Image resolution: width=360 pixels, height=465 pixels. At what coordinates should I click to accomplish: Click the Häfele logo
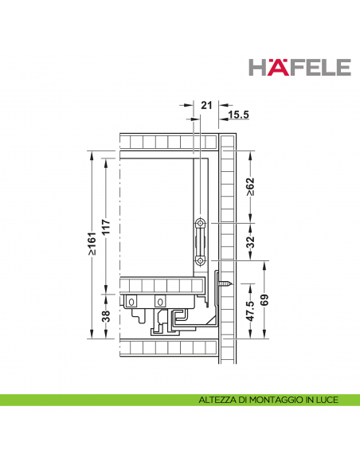coord(299,68)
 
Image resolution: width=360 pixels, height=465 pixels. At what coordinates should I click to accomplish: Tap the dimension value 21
coord(207,105)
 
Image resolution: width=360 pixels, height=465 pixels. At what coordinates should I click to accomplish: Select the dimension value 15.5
coord(239,115)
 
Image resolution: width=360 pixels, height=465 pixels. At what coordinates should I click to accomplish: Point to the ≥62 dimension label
coord(251,187)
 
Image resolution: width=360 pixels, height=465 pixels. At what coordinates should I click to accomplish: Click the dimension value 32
coord(251,242)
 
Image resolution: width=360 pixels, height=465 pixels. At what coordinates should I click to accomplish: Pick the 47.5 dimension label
coord(251,311)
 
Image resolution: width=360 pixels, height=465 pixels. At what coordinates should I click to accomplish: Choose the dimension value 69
coord(264,299)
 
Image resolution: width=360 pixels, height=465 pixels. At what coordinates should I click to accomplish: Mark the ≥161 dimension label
coord(92,244)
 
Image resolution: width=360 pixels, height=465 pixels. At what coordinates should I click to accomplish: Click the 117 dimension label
coord(106,227)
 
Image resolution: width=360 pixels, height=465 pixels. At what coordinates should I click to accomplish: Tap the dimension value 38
coord(106,316)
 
